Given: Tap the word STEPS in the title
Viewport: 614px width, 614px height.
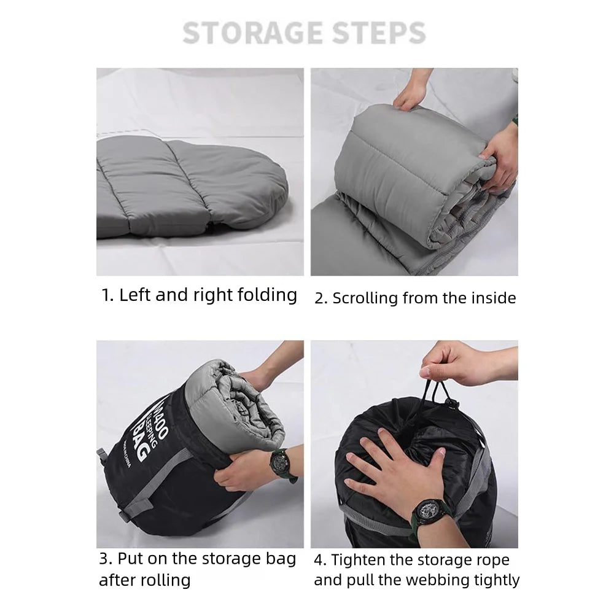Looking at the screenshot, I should coord(380,33).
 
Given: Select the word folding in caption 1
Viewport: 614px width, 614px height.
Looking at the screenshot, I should coord(264,295).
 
